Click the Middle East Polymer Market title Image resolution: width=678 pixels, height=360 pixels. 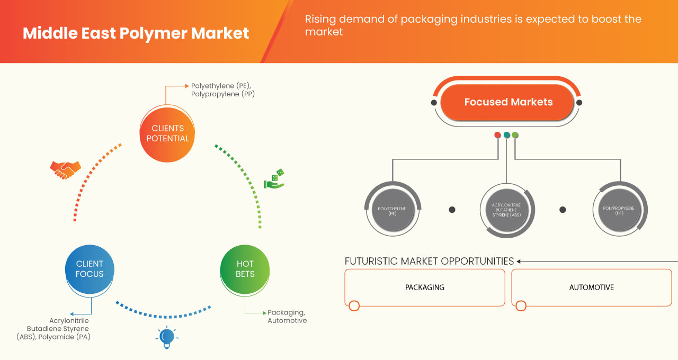click(x=136, y=33)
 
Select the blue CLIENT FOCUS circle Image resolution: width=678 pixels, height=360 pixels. click(x=90, y=269)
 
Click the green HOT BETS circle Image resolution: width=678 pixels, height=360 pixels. click(x=245, y=269)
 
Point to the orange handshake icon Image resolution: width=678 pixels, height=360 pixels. click(x=65, y=169)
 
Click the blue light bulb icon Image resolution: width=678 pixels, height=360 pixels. click(x=166, y=338)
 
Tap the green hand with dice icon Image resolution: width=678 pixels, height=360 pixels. click(x=274, y=179)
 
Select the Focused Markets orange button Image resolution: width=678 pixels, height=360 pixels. click(x=507, y=103)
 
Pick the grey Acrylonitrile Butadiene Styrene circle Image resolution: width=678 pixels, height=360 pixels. click(x=507, y=210)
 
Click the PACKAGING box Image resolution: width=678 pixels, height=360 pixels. click(x=424, y=287)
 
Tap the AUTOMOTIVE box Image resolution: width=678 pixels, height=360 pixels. click(x=591, y=287)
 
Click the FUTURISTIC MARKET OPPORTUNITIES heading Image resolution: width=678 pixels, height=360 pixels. click(x=429, y=261)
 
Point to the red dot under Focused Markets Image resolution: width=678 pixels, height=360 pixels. click(x=497, y=135)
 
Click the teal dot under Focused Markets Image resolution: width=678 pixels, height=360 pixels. click(x=506, y=135)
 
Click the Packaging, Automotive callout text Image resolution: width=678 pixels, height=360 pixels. click(x=287, y=317)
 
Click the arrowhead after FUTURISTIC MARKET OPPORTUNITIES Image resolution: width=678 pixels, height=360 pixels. click(x=519, y=261)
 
